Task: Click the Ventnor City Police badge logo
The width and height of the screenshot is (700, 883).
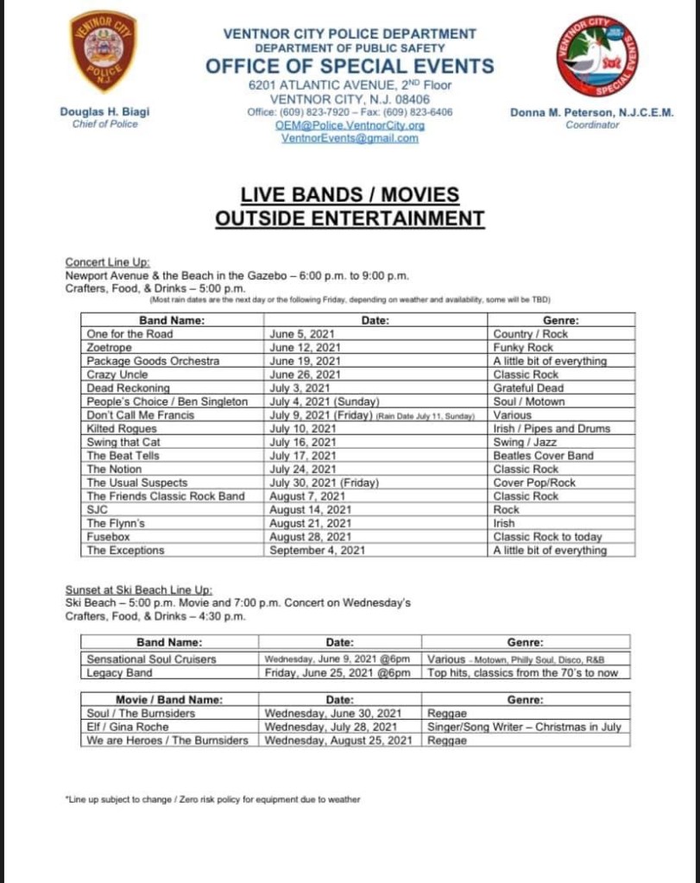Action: (103, 52)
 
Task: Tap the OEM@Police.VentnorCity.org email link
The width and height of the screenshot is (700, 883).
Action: (350, 124)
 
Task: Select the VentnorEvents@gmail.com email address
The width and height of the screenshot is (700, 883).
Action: (350, 137)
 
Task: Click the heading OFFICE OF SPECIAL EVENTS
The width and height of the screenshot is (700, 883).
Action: (350, 66)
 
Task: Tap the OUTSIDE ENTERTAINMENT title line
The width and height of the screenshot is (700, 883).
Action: (350, 218)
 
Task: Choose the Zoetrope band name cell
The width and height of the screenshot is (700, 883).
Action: (109, 347)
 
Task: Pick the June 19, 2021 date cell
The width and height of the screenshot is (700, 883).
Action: (305, 361)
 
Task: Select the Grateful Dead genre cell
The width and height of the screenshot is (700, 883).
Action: (528, 388)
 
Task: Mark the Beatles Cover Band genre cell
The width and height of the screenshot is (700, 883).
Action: (543, 456)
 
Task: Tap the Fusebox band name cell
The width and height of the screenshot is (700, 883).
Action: (108, 537)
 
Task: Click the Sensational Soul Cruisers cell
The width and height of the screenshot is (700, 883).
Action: (151, 659)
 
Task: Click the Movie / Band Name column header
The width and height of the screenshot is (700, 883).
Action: (169, 699)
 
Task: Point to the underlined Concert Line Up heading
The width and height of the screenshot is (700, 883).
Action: (108, 262)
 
